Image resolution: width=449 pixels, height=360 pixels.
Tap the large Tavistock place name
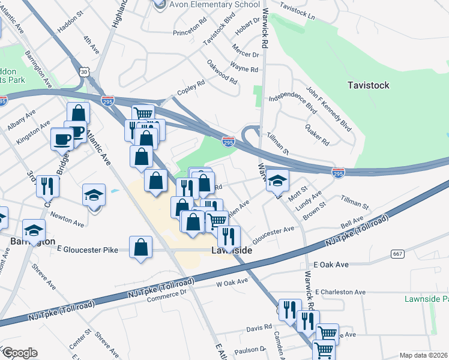[x=369, y=85]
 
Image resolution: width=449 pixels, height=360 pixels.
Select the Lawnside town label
[x=231, y=250]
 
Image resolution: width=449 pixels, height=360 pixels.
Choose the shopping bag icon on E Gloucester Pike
[x=140, y=247]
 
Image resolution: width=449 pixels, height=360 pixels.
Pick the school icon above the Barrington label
[x=34, y=230]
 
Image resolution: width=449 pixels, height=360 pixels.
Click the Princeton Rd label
[x=190, y=32]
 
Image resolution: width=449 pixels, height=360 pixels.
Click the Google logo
[x=20, y=353]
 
